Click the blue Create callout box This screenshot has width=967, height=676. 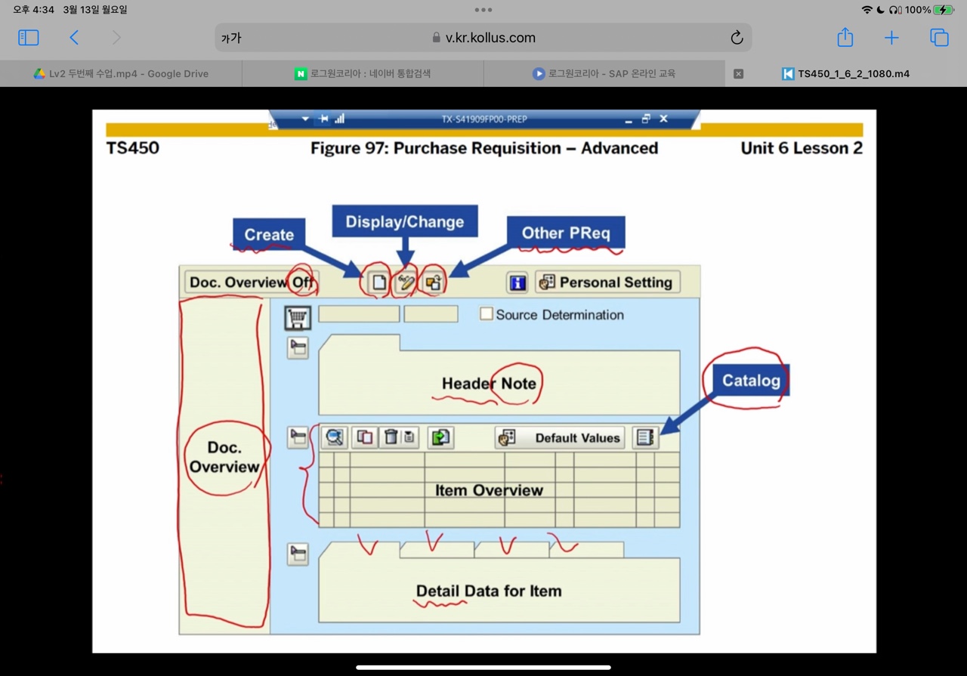tap(268, 235)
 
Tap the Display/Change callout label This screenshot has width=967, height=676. tap(405, 221)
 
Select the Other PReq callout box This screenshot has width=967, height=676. tap(566, 233)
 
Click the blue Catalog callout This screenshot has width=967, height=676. tap(750, 380)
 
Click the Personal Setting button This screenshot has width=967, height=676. tap(607, 282)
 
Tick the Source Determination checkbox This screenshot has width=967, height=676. tap(487, 314)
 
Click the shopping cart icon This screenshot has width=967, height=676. tap(298, 317)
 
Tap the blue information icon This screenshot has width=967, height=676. tap(517, 282)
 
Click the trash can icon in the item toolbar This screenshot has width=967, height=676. tap(391, 437)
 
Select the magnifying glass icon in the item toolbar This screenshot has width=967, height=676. tap(334, 437)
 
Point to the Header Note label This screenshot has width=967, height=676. tap(489, 384)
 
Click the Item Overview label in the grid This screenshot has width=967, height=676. tap(489, 490)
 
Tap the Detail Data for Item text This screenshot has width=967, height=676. tap(489, 591)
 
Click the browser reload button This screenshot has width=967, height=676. tap(737, 38)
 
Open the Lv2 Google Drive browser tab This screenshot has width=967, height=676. tap(121, 74)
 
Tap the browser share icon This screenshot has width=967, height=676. tap(845, 38)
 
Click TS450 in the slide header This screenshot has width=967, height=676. tap(133, 148)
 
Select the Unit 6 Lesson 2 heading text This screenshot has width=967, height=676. tap(801, 148)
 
